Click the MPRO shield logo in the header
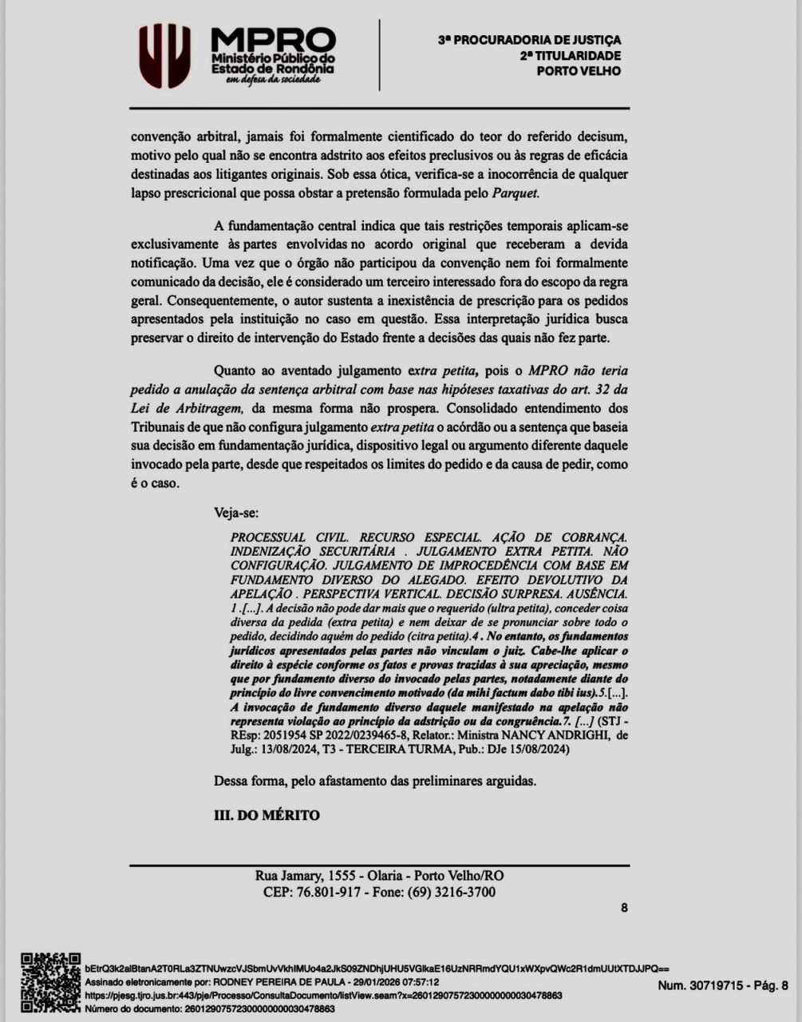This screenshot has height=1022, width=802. (164, 55)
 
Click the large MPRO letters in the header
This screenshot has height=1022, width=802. (273, 41)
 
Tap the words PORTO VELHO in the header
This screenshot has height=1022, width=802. (579, 71)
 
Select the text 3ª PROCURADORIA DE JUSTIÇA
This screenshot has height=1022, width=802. (529, 40)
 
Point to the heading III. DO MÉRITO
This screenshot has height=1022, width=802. (267, 815)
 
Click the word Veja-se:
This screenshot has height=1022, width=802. (236, 513)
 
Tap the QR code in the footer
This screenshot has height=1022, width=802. (49, 982)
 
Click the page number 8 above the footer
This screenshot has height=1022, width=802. (624, 908)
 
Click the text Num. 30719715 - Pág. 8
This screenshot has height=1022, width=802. (722, 985)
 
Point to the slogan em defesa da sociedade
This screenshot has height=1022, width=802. (273, 79)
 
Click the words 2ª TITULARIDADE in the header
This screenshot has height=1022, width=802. (570, 56)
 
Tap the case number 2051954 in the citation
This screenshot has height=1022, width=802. (287, 735)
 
